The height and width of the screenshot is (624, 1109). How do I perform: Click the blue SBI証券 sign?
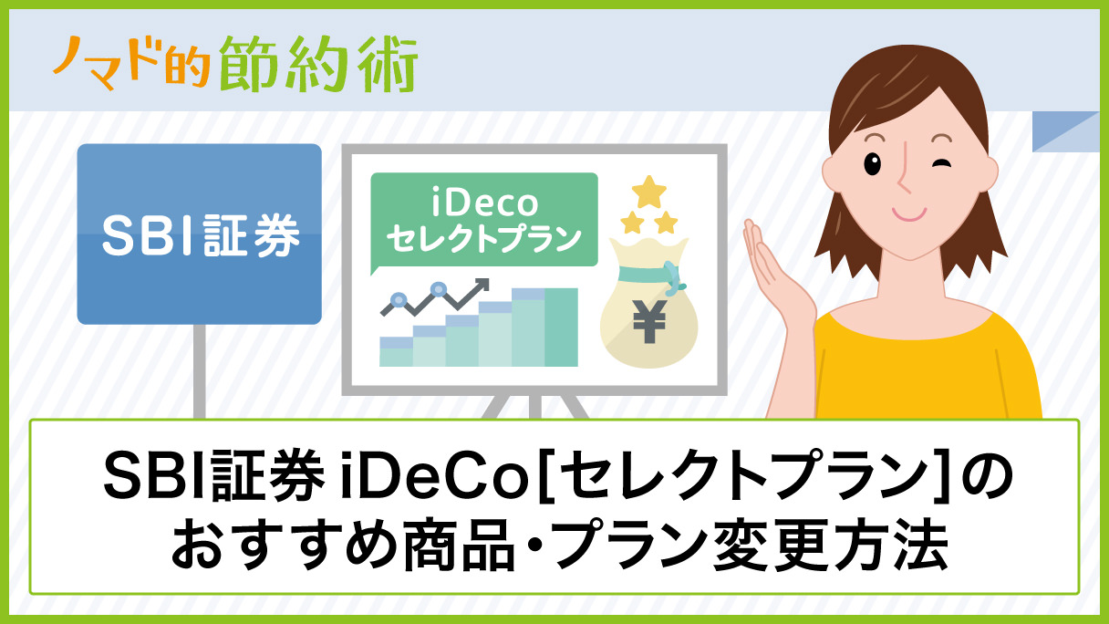pyautogui.click(x=199, y=234)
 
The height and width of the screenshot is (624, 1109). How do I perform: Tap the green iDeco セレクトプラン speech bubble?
pyautogui.click(x=483, y=220)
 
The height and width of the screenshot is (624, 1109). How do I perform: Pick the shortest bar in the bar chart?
pyautogui.click(x=396, y=351)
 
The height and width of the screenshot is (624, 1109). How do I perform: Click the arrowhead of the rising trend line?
pyautogui.click(x=482, y=286)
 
